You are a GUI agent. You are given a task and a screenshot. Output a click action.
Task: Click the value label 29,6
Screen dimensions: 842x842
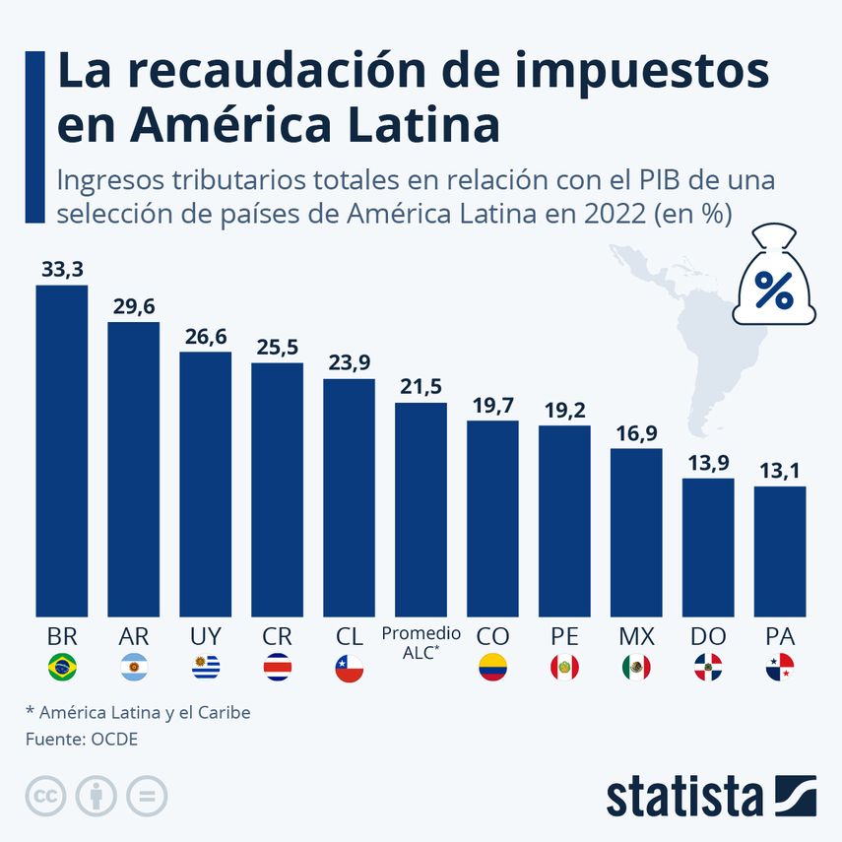pos(133,306)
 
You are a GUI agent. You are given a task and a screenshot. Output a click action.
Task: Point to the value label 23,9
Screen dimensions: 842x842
pos(349,363)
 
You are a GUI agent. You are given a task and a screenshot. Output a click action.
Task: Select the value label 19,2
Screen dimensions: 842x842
pos(564,410)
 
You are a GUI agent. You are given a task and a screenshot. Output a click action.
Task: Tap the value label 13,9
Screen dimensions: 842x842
pos(708,463)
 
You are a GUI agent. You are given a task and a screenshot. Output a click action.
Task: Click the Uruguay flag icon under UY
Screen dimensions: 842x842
pos(205,669)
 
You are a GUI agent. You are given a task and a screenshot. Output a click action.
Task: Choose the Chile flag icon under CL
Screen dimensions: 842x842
pos(349,669)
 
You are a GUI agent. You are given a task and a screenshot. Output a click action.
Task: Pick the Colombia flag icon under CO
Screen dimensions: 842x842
pos(492,669)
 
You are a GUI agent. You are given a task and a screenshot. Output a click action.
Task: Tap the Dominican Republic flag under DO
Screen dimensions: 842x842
pos(708,669)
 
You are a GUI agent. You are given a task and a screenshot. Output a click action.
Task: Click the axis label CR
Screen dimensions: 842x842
pos(277,635)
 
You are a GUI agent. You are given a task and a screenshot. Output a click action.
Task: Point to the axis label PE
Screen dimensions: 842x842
pos(564,635)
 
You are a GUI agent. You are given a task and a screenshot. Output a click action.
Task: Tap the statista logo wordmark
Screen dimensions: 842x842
pos(684,796)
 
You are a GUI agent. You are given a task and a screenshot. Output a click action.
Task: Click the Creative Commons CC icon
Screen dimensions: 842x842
pos(45,796)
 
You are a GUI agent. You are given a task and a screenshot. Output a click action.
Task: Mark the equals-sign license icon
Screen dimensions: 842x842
pos(147,796)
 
